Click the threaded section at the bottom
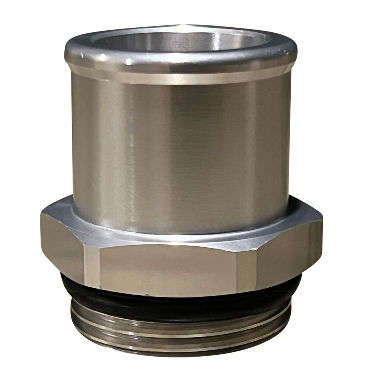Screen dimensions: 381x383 coord(180,329)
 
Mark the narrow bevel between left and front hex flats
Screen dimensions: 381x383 coord(91,268)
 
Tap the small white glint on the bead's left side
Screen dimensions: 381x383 coord(129,60)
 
